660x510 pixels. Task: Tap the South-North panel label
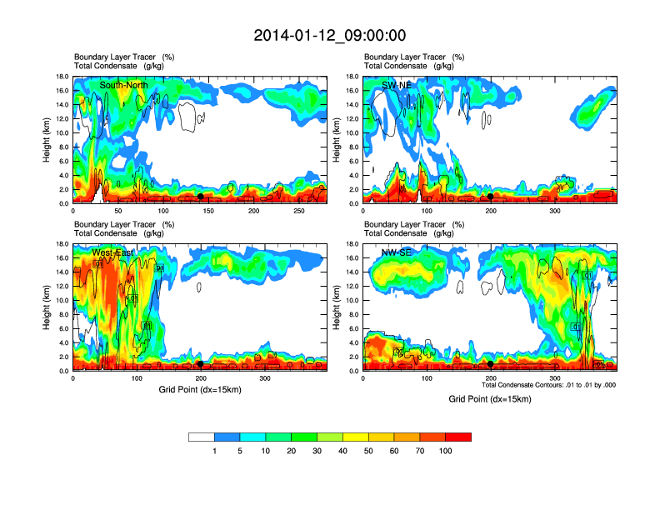125,85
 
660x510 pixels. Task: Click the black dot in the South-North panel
200,197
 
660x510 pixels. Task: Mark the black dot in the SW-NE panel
490,197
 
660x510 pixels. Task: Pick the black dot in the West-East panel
200,364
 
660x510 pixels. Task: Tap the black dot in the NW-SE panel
490,364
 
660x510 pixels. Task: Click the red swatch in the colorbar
458,437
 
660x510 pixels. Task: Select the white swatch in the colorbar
201,437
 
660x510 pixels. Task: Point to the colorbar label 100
446,451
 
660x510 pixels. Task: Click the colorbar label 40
343,451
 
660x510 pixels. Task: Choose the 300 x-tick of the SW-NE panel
554,211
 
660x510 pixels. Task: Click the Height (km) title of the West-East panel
47,307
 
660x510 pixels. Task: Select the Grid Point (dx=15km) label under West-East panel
200,389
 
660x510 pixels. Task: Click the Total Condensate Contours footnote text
548,385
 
